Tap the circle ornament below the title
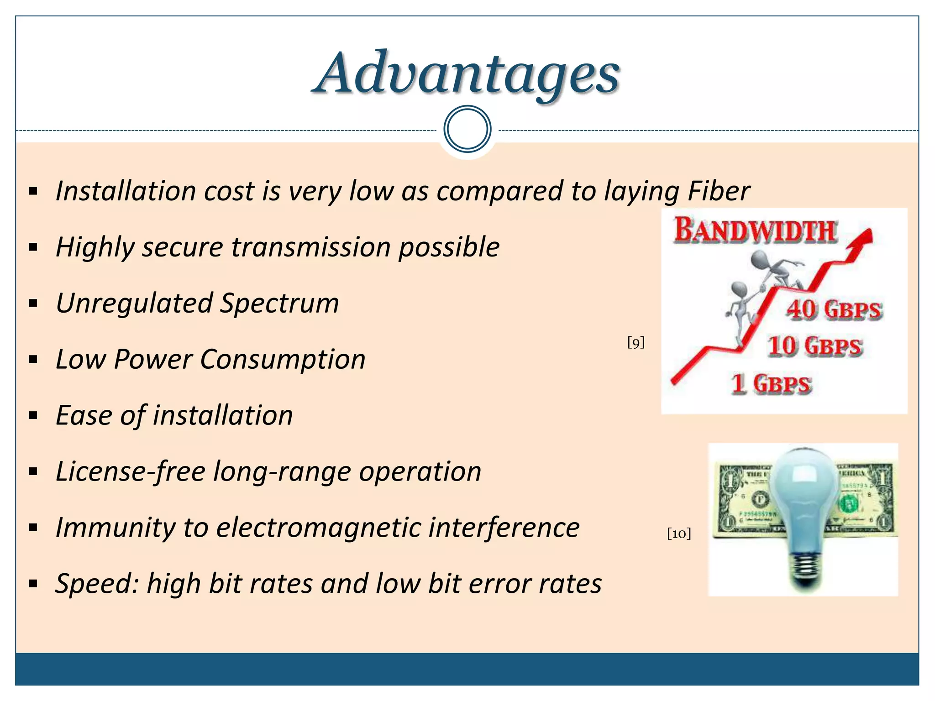click(x=467, y=129)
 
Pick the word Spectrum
click(x=279, y=303)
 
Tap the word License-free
click(x=130, y=471)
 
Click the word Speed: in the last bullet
click(x=96, y=584)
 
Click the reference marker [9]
click(x=636, y=342)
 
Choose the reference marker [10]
click(x=679, y=534)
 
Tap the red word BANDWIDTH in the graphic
click(x=756, y=230)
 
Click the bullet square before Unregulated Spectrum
click(x=33, y=304)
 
